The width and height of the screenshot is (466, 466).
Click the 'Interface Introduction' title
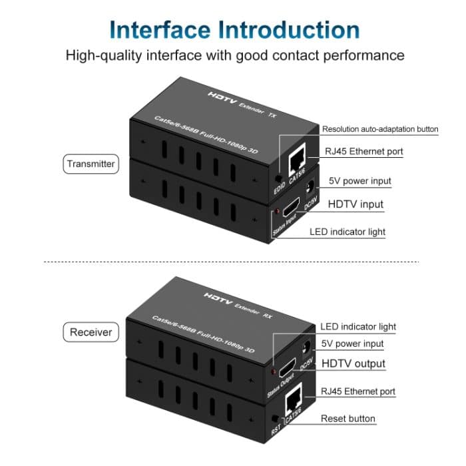pos(234,30)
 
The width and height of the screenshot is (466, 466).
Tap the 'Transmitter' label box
pos(91,164)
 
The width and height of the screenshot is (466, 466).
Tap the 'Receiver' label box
pos(91,331)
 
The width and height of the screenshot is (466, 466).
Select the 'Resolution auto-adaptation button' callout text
pos(380,129)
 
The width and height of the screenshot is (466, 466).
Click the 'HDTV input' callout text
pos(355,204)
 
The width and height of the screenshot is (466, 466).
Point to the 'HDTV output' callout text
pos(353,363)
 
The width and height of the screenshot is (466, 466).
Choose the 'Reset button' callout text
pos(348,419)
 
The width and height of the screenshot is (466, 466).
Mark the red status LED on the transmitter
pos(276,212)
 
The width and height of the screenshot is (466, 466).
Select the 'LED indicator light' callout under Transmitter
pos(347,232)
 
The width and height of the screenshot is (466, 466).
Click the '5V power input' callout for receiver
pos(351,344)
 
